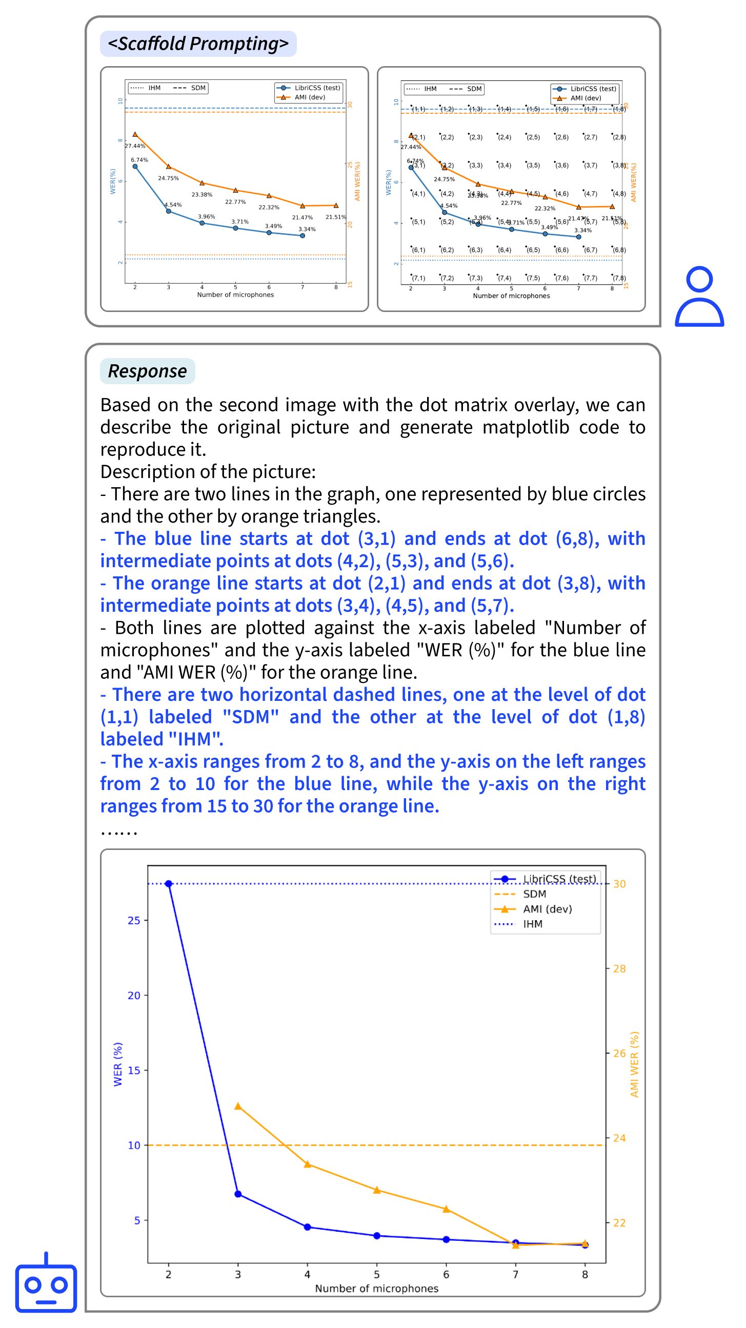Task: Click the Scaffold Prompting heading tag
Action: pos(198,44)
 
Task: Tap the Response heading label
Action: pos(147,371)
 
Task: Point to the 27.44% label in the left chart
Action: pos(135,146)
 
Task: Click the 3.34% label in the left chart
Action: pos(307,229)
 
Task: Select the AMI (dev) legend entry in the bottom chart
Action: pos(547,909)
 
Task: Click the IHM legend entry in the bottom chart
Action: pos(532,924)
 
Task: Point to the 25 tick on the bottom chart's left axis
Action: pos(134,921)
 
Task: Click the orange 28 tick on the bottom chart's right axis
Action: pos(619,969)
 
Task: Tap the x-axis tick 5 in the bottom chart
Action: pos(377,1274)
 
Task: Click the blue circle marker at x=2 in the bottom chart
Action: pos(169,884)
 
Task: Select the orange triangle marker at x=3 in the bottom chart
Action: pos(238,1106)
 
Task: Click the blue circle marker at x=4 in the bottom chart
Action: pos(308,1227)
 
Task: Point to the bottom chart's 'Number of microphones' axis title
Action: pos(377,1289)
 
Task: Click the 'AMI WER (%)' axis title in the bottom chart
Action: pos(634,1064)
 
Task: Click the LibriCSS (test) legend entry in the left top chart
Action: pos(317,88)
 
